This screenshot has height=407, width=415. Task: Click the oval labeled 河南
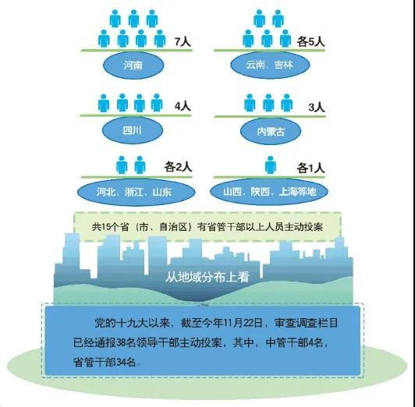coord(133,65)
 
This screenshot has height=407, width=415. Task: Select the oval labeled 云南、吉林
coord(270,65)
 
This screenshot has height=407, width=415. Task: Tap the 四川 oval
coord(133,130)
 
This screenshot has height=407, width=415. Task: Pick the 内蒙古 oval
coord(271,132)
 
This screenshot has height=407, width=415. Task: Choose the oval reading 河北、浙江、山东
coord(136,192)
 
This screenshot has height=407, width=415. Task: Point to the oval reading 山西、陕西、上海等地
coord(269,192)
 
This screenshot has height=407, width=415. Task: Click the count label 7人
coord(183,42)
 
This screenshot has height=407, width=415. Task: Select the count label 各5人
coord(310,42)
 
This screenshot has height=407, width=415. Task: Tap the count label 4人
coord(183,107)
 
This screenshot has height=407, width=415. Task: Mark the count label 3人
coord(317,108)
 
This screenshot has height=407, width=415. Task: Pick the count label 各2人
coord(178,167)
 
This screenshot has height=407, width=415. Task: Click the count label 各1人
coord(310,168)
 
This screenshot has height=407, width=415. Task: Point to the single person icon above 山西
coord(271,165)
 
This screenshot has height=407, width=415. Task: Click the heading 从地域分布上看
coord(207,277)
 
